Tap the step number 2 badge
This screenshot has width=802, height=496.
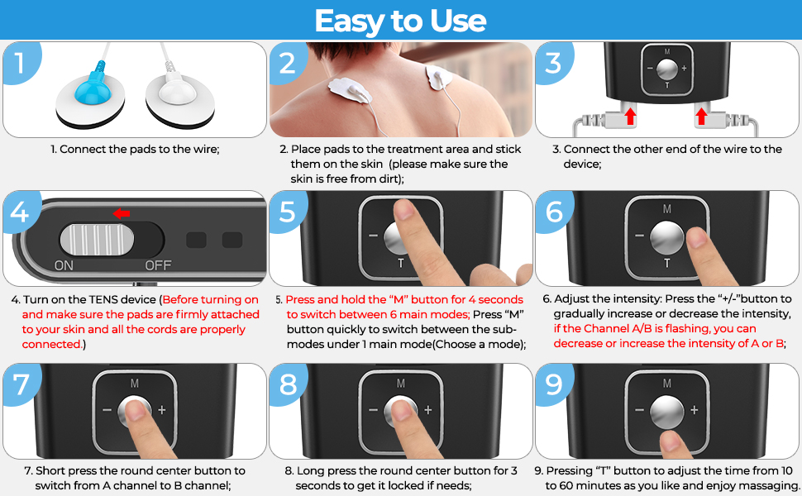288,63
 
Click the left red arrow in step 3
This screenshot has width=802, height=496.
631,116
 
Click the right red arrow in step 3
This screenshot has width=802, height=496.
702,116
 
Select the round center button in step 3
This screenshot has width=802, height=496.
667,69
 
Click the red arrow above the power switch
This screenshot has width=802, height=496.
122,213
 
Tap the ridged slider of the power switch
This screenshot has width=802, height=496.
97,239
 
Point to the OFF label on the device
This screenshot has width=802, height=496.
158,265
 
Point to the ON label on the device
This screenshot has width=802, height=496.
64,265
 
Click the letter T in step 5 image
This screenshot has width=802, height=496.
400,264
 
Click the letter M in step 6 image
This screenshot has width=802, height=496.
667,208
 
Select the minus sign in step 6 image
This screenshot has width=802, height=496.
639,236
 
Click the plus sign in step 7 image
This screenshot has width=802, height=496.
161,409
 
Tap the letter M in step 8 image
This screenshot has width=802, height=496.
400,383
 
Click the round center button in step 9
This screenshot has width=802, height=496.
667,411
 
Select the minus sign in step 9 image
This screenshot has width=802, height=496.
639,409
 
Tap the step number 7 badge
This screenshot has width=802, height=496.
21,384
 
